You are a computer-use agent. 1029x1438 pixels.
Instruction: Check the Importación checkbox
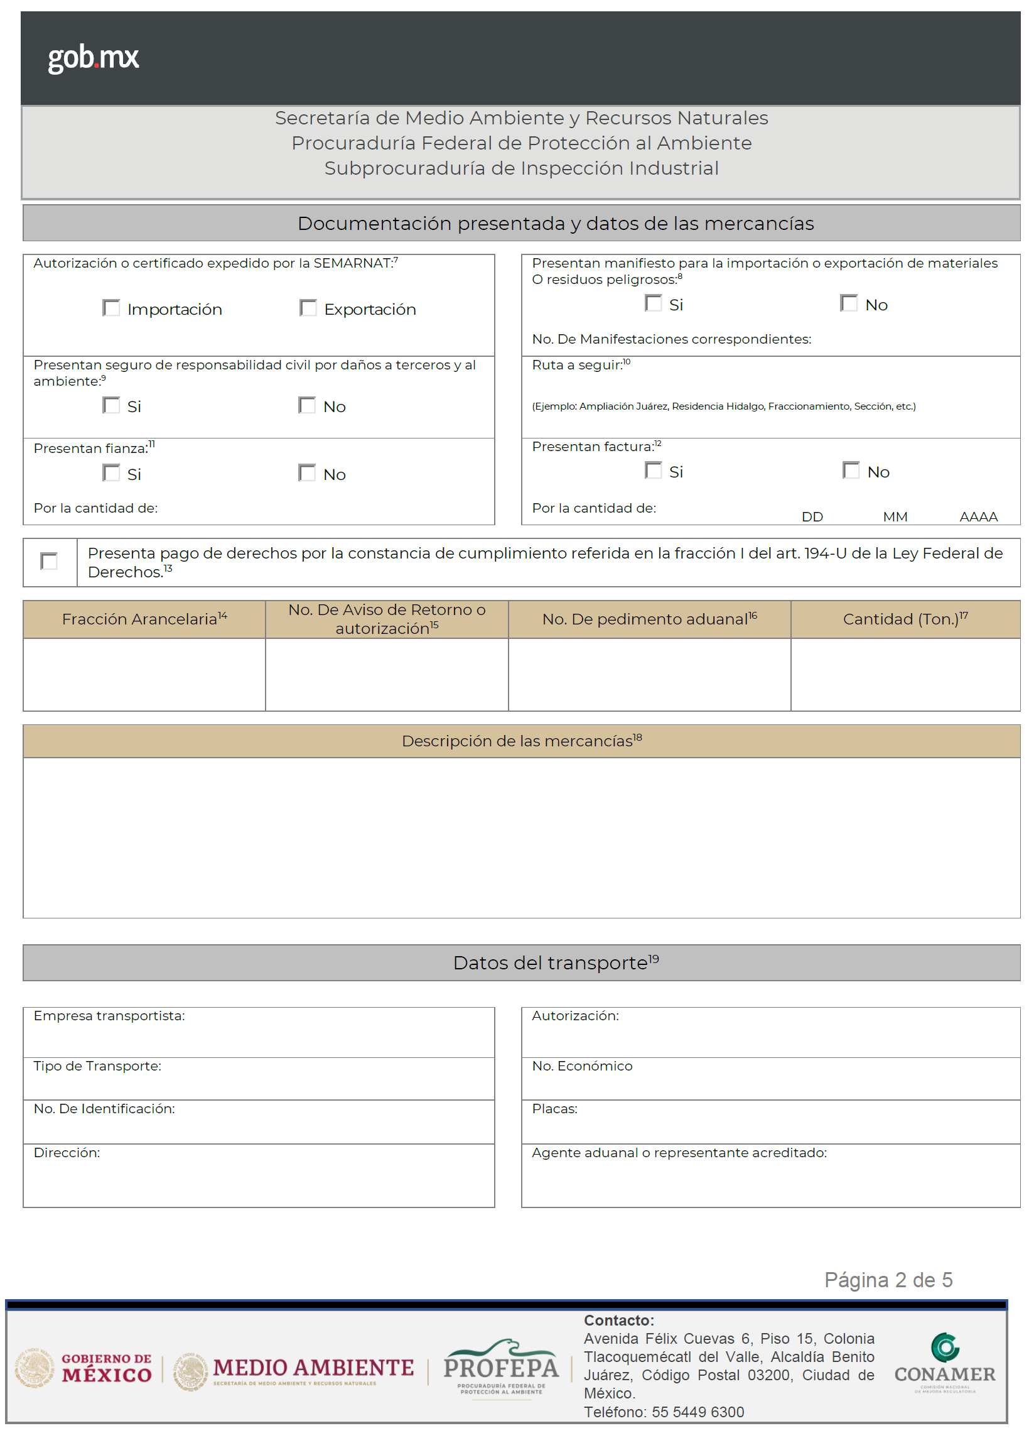coord(112,308)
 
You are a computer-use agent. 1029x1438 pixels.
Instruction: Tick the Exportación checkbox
coord(308,308)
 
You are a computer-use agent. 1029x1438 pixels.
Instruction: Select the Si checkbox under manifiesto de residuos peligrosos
coord(654,303)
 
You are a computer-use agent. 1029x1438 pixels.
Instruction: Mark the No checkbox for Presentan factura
coord(851,471)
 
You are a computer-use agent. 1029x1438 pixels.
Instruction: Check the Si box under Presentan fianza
coord(112,473)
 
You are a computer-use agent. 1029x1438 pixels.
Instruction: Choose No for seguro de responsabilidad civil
coord(307,405)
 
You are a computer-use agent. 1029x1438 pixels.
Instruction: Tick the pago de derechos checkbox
coord(49,561)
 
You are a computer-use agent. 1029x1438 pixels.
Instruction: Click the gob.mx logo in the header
coord(93,58)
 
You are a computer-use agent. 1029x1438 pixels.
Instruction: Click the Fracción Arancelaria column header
coord(144,619)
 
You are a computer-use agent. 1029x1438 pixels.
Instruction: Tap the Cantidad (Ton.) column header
coord(905,619)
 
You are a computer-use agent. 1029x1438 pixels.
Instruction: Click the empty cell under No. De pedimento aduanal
coord(649,674)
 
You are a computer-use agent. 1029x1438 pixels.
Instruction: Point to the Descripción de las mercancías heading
coord(522,741)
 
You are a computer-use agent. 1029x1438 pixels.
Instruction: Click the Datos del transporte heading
coord(556,963)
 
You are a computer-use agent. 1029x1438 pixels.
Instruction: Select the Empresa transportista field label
coord(109,1016)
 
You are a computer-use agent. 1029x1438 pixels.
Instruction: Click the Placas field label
coord(554,1109)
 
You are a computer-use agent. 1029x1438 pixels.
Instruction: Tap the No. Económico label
coord(581,1067)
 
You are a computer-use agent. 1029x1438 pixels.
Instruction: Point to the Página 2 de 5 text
coord(888,1280)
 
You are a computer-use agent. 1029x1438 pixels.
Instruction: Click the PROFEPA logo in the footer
coord(500,1368)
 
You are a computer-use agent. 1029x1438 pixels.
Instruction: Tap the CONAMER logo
coord(944,1363)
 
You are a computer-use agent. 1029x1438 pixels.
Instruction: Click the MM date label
coord(895,517)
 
